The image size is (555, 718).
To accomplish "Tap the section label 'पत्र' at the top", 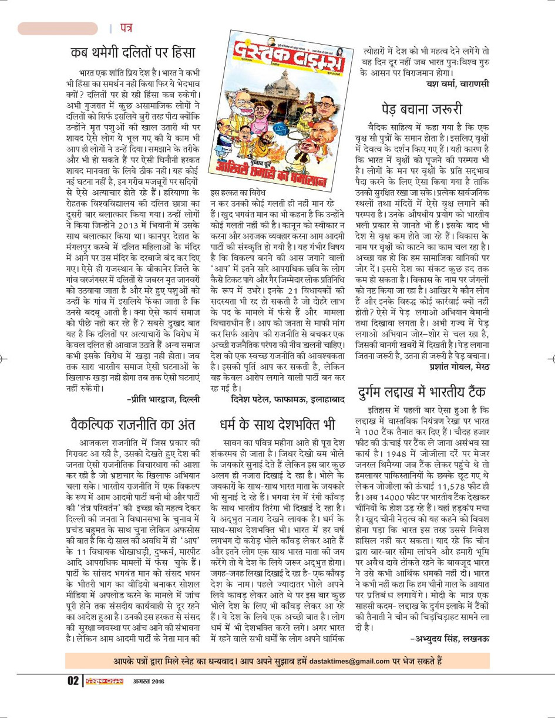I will (x=125, y=28).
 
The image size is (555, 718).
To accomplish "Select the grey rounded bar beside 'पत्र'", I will (x=58, y=28).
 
